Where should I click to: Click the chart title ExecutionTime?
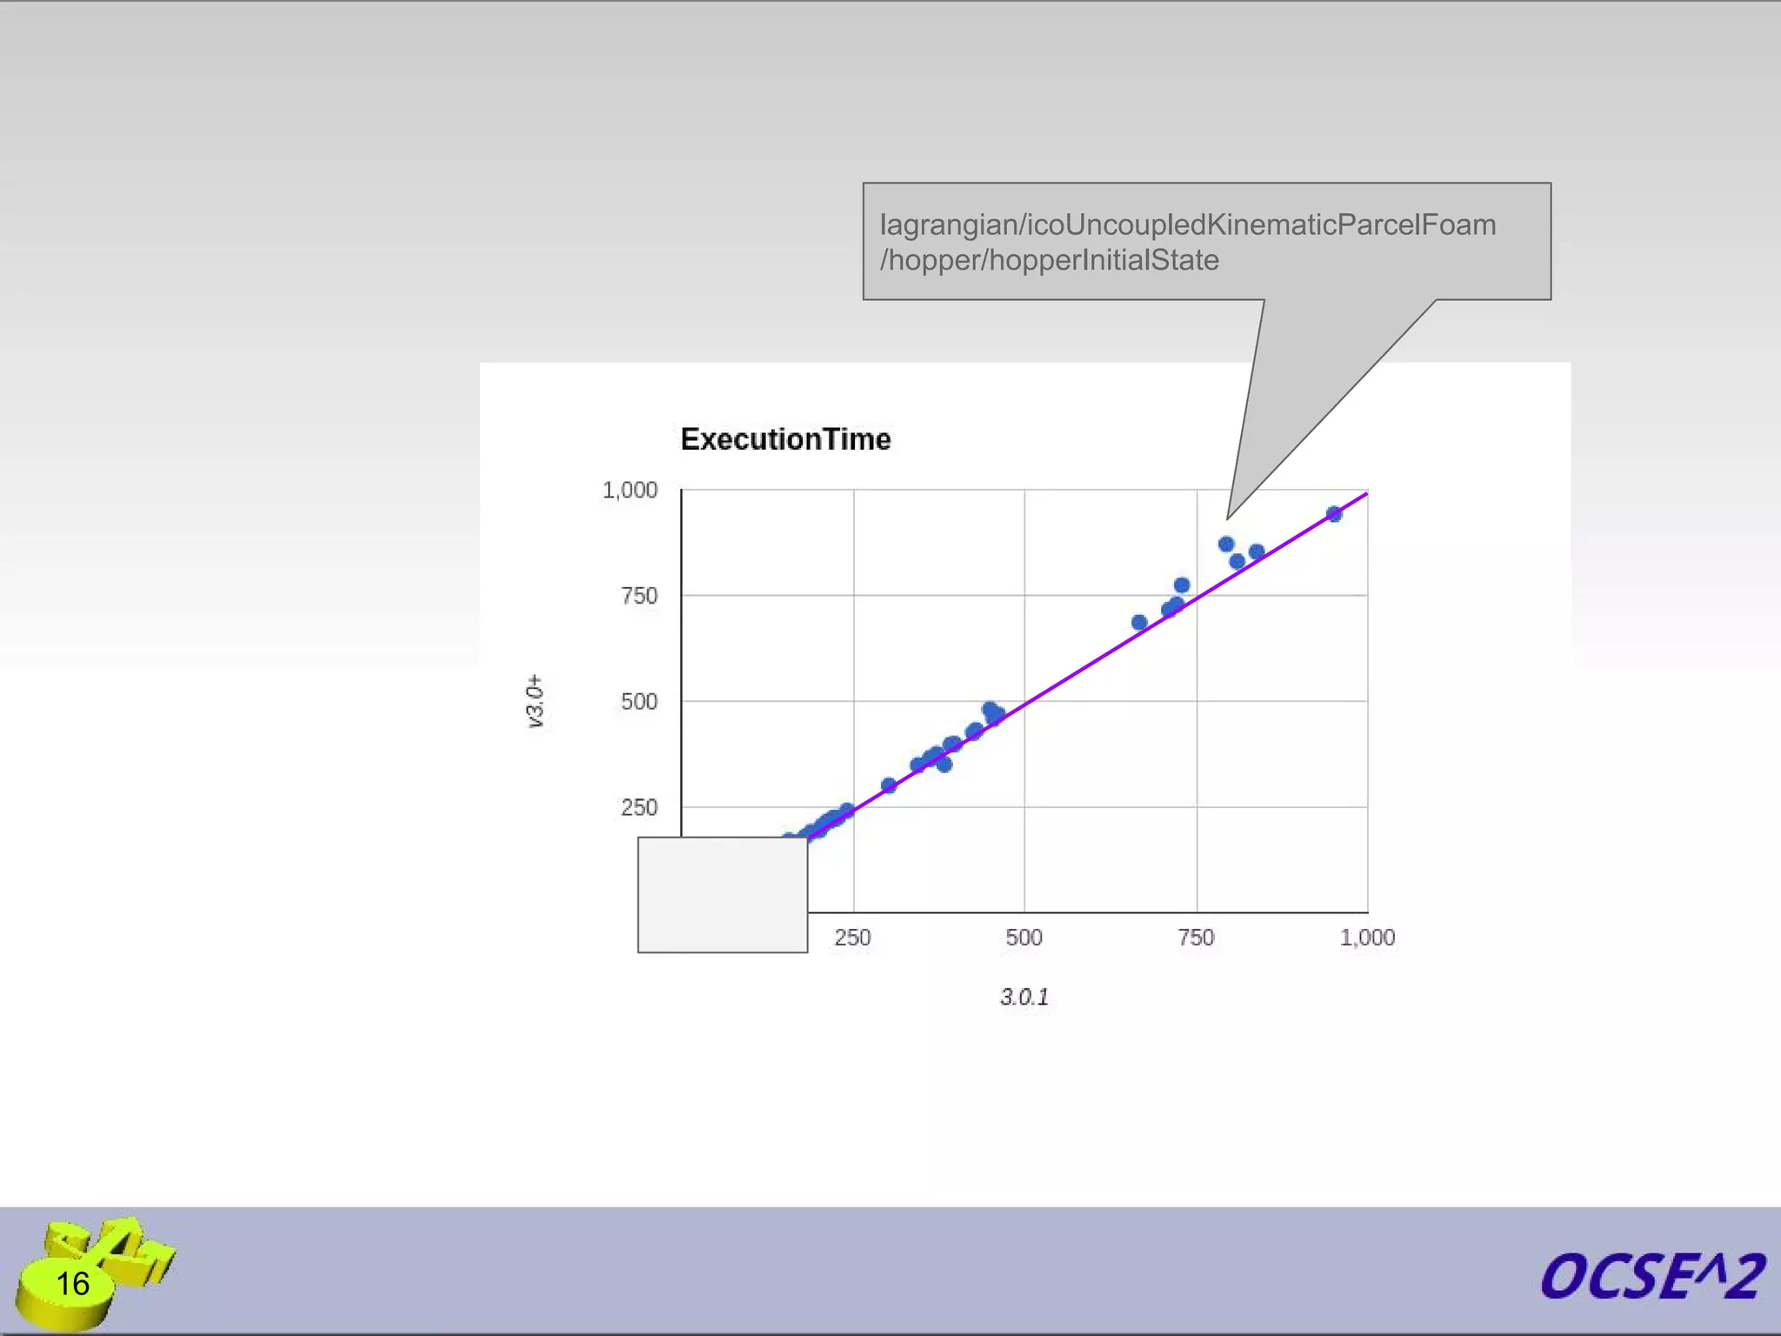[785, 439]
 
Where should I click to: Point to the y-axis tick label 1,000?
[630, 491]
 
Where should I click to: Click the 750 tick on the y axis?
[639, 596]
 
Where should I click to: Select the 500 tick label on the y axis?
[639, 702]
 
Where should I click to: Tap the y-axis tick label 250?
[639, 808]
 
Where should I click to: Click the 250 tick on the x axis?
[852, 938]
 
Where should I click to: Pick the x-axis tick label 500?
[1024, 938]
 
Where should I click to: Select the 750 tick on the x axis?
[1196, 938]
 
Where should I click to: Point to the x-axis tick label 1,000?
[1367, 938]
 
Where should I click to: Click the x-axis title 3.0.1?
[1024, 997]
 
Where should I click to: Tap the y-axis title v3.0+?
[535, 701]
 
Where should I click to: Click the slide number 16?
[72, 1284]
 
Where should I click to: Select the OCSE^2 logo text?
[1651, 1277]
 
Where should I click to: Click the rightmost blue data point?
[1334, 514]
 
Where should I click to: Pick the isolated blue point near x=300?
[889, 785]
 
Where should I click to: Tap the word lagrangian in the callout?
[947, 224]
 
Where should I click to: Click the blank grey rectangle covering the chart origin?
[723, 895]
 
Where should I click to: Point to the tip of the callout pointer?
[1228, 518]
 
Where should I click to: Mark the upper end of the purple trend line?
[1366, 494]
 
